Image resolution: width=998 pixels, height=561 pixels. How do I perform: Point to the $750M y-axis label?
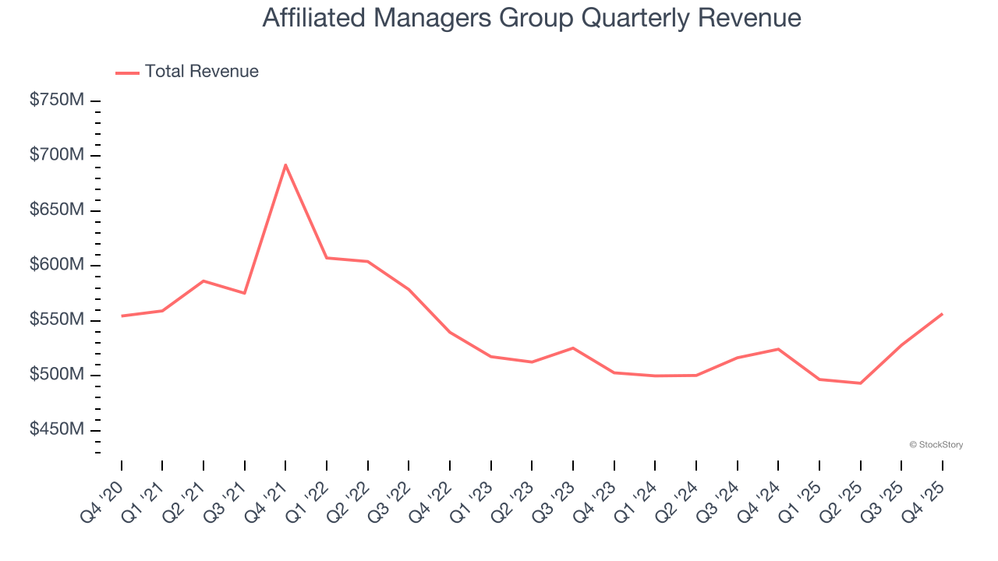pyautogui.click(x=57, y=101)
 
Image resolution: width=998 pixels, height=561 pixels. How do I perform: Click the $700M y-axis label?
pyautogui.click(x=57, y=155)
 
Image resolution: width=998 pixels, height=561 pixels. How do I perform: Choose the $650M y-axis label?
pyautogui.click(x=57, y=210)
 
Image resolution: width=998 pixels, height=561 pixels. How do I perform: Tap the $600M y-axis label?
pyautogui.click(x=57, y=265)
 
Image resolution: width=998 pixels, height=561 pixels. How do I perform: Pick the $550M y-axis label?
pyautogui.click(x=57, y=320)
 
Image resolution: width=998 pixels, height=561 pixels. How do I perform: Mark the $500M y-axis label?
pyautogui.click(x=57, y=375)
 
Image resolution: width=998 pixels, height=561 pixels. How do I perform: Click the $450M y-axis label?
pyautogui.click(x=57, y=430)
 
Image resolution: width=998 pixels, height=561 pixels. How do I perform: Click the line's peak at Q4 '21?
pyautogui.click(x=285, y=164)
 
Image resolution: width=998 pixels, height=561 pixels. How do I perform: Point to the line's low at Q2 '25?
pyautogui.click(x=860, y=383)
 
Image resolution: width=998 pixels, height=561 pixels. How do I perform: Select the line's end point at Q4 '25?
pyautogui.click(x=942, y=314)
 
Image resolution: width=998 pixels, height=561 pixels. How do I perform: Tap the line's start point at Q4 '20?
pyautogui.click(x=122, y=316)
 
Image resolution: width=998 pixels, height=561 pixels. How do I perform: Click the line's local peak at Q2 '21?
pyautogui.click(x=203, y=280)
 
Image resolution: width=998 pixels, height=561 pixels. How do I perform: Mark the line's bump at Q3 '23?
pyautogui.click(x=573, y=348)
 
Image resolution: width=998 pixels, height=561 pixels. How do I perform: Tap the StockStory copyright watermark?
pyautogui.click(x=936, y=445)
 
